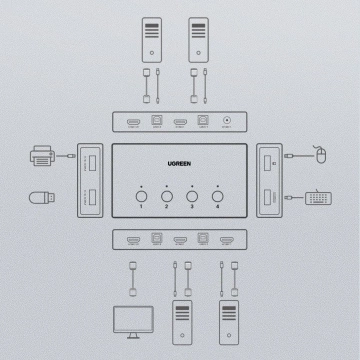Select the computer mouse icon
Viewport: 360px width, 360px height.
320,156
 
